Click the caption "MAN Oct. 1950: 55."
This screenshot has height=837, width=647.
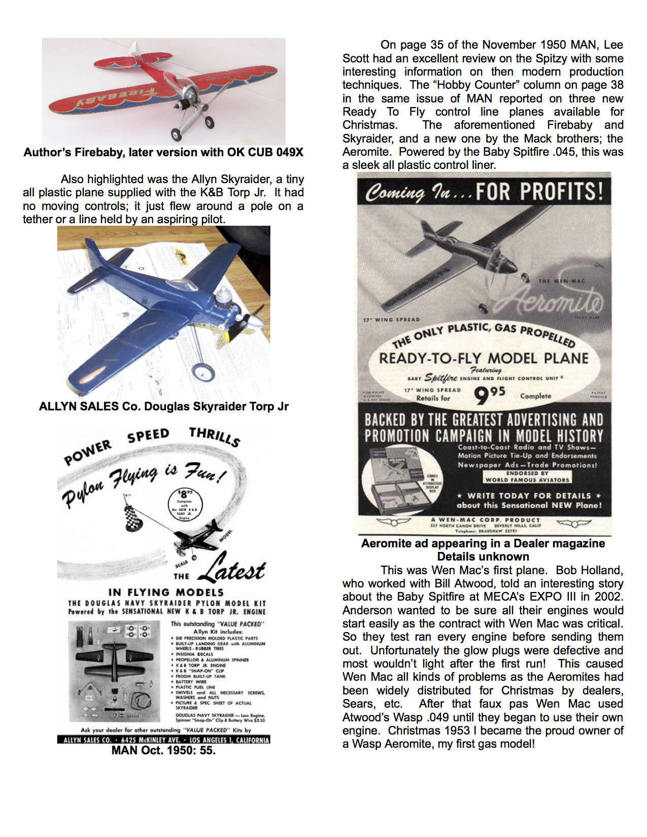click(163, 750)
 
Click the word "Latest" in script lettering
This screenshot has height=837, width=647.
click(232, 568)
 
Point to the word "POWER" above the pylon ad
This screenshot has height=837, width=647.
click(87, 452)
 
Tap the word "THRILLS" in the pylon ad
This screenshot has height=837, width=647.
click(214, 436)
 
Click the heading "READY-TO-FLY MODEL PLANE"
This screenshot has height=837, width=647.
click(483, 358)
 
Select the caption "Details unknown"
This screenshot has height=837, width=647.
click(483, 556)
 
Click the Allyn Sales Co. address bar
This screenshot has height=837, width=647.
click(163, 740)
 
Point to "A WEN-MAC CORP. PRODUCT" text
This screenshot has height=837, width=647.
click(485, 520)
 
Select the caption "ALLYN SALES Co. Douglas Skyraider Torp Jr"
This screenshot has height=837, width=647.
click(163, 406)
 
